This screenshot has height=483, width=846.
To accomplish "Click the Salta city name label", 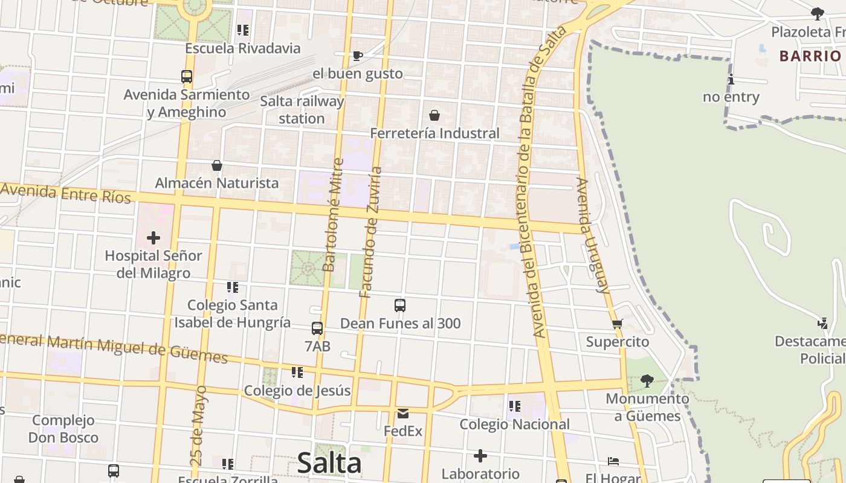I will pyautogui.click(x=329, y=464).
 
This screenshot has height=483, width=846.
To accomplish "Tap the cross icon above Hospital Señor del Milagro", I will pyautogui.click(x=153, y=238).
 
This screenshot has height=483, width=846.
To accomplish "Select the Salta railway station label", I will pyautogui.click(x=302, y=109).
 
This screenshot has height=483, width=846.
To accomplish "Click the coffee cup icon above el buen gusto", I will pyautogui.click(x=357, y=56).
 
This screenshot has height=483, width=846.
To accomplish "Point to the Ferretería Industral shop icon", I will pyautogui.click(x=434, y=115).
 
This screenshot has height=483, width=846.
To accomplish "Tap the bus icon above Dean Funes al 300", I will pyautogui.click(x=399, y=305).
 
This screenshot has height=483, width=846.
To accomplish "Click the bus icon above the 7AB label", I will pyautogui.click(x=317, y=328).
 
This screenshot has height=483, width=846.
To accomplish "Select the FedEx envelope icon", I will pyautogui.click(x=403, y=414).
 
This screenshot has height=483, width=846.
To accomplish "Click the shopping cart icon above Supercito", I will pyautogui.click(x=617, y=324).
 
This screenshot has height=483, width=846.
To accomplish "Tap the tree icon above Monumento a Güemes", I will pyautogui.click(x=647, y=380).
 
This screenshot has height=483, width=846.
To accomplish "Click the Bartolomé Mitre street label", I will pyautogui.click(x=333, y=214).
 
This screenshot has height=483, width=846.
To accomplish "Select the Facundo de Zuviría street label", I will pyautogui.click(x=370, y=232).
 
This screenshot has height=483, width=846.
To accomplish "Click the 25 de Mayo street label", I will pyautogui.click(x=198, y=426).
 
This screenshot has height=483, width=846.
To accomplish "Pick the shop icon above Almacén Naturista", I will pyautogui.click(x=216, y=165).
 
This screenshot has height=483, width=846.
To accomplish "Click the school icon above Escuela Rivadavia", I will pyautogui.click(x=243, y=30).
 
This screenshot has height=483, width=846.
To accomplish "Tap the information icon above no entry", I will pyautogui.click(x=731, y=79).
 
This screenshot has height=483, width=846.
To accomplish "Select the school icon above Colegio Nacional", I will pyautogui.click(x=514, y=406).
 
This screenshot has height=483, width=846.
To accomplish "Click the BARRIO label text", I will pyautogui.click(x=810, y=56).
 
